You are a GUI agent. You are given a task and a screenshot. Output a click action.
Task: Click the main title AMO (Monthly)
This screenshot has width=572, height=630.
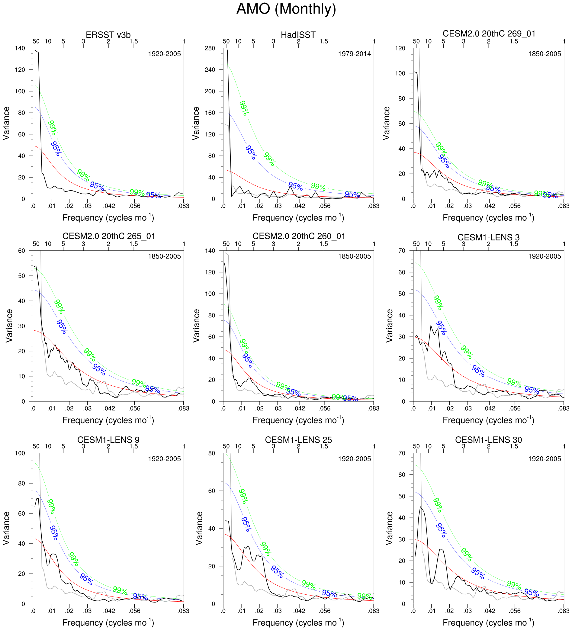pyautogui.click(x=286, y=9)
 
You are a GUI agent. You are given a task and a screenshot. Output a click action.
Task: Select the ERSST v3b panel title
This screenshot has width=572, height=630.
pyautogui.click(x=108, y=35)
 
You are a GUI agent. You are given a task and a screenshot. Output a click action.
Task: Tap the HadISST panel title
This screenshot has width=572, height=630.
pyautogui.click(x=298, y=35)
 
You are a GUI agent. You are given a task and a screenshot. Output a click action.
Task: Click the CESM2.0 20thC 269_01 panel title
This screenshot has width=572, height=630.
pyautogui.click(x=489, y=34)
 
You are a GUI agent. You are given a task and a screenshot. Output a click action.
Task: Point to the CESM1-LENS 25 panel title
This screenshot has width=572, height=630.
pyautogui.click(x=298, y=440)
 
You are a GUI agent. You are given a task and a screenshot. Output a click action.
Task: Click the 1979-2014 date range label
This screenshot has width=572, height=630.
pyautogui.click(x=355, y=54)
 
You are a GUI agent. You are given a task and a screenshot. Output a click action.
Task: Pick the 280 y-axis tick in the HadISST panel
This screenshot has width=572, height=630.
pyautogui.click(x=210, y=48)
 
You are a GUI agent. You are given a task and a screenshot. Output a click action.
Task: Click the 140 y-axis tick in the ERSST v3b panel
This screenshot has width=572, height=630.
pyautogui.click(x=20, y=48)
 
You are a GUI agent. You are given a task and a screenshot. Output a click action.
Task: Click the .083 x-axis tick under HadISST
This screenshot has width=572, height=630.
pyautogui.click(x=374, y=206)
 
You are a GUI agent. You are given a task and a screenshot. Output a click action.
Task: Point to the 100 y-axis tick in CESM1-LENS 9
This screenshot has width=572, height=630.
pyautogui.click(x=20, y=453)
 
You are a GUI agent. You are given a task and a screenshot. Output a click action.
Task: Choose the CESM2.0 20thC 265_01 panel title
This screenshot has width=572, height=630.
pyautogui.click(x=109, y=236)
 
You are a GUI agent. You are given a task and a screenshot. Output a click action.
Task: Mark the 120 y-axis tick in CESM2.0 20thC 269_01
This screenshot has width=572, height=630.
pyautogui.click(x=400, y=48)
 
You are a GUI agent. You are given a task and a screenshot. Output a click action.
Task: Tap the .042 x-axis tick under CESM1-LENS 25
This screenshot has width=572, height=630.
pyautogui.click(x=299, y=611)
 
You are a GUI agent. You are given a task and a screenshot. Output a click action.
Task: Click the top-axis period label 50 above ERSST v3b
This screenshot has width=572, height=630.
pyautogui.click(x=36, y=41)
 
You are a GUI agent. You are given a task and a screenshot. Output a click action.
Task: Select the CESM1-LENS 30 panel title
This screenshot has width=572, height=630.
pyautogui.click(x=488, y=440)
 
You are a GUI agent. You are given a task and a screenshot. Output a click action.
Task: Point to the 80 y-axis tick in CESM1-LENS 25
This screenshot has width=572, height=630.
pyautogui.click(x=212, y=453)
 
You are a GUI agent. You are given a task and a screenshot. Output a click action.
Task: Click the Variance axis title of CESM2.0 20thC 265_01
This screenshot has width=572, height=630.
pyautogui.click(x=9, y=326)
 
